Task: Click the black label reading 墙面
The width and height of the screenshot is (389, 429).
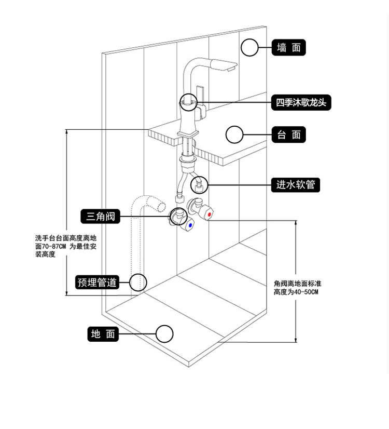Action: pyautogui.click(x=289, y=48)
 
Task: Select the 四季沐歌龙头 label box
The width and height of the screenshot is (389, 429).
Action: pyautogui.click(x=301, y=102)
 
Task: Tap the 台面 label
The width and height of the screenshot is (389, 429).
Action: pyautogui.click(x=289, y=135)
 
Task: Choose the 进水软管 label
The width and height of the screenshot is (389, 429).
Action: pyautogui.click(x=296, y=184)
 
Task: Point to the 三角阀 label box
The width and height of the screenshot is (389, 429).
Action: pyautogui.click(x=101, y=216)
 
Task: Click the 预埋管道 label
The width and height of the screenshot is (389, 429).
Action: pyautogui.click(x=97, y=283)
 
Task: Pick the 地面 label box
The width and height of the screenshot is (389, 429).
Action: pyautogui.click(x=103, y=334)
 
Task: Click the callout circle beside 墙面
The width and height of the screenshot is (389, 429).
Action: pyautogui.click(x=249, y=48)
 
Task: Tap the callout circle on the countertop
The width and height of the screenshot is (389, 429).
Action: pyautogui.click(x=234, y=135)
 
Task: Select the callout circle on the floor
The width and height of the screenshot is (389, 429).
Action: pyautogui.click(x=164, y=334)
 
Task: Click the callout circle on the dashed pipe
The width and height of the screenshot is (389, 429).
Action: pyautogui.click(x=138, y=283)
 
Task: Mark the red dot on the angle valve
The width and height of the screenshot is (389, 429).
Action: pyautogui.click(x=209, y=214)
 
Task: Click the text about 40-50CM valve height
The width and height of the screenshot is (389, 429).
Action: pyautogui.click(x=297, y=288)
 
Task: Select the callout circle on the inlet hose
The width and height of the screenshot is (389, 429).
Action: pyautogui.click(x=200, y=184)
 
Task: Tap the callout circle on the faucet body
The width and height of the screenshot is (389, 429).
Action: pyautogui.click(x=188, y=102)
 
